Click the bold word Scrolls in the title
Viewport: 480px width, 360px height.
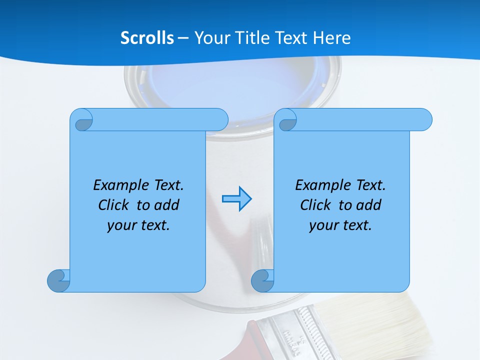coord(147,38)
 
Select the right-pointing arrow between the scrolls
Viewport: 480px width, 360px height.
coord(237,199)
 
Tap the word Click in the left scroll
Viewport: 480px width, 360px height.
coord(113,205)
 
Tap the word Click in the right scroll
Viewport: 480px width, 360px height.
coord(315,205)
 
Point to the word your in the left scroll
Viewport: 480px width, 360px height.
coord(121,225)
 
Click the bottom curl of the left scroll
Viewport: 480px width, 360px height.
coord(58,280)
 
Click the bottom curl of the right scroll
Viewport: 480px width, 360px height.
coord(262,280)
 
